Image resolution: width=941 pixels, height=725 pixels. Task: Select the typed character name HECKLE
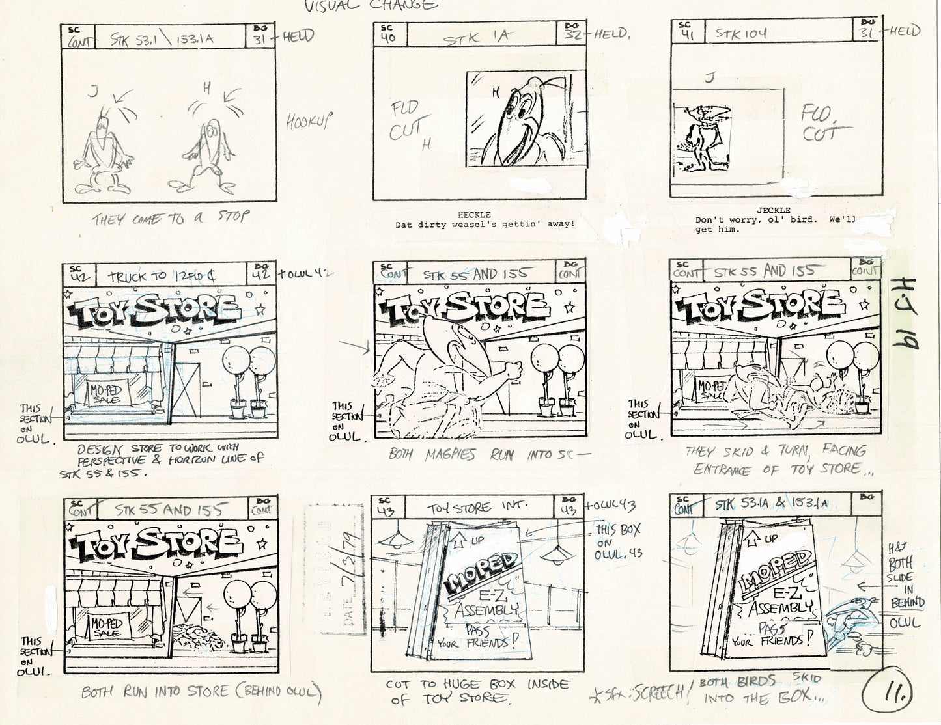tap(474, 214)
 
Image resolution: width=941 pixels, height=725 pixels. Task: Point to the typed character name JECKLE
tap(774, 210)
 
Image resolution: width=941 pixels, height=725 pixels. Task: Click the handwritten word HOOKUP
tap(310, 121)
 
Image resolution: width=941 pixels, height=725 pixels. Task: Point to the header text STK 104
tap(741, 33)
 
